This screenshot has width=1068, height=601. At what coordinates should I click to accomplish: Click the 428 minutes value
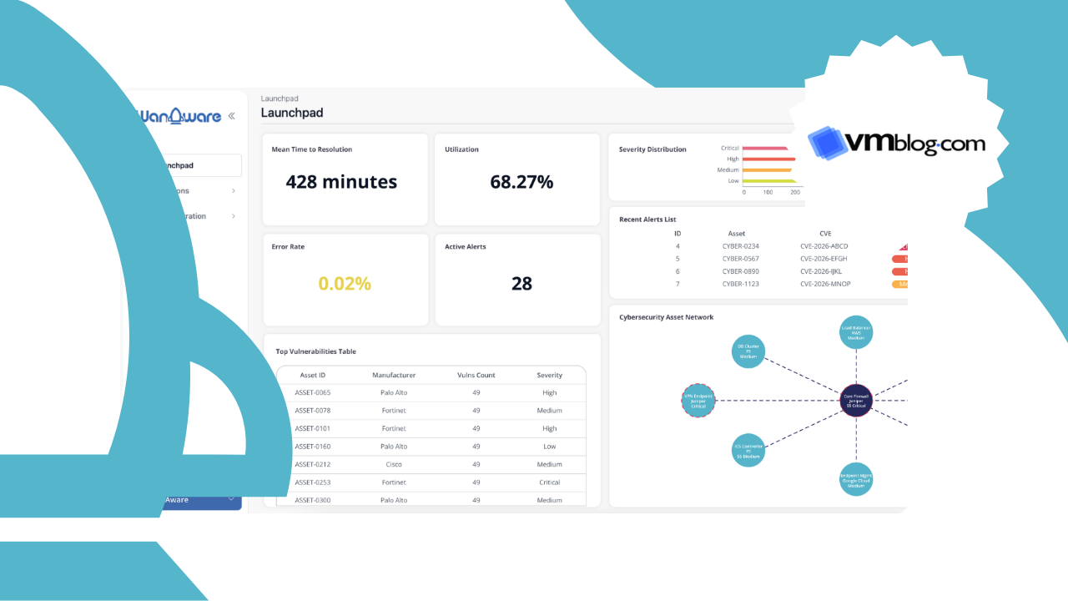pyautogui.click(x=341, y=182)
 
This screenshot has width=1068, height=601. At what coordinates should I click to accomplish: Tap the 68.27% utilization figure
pyautogui.click(x=521, y=182)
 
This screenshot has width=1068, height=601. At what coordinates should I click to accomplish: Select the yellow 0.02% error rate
pyautogui.click(x=345, y=284)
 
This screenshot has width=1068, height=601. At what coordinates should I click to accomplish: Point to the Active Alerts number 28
pyautogui.click(x=521, y=284)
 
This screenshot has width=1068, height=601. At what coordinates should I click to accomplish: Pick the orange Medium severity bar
pyautogui.click(x=766, y=169)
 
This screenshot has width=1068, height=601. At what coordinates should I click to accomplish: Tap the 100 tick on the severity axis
pyautogui.click(x=768, y=192)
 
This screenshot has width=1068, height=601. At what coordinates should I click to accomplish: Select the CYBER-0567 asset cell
pyautogui.click(x=740, y=259)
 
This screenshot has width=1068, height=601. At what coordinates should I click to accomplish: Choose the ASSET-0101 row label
pyautogui.click(x=313, y=428)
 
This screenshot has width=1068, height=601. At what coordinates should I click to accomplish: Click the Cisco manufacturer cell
pyautogui.click(x=394, y=464)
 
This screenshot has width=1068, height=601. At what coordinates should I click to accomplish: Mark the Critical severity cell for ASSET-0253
pyautogui.click(x=549, y=482)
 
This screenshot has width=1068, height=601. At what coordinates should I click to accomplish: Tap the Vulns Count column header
pyautogui.click(x=476, y=375)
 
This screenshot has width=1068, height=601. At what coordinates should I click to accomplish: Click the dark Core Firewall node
pyautogui.click(x=856, y=401)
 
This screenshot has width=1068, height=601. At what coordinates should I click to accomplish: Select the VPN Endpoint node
pyautogui.click(x=698, y=401)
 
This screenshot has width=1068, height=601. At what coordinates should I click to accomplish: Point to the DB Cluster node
pyautogui.click(x=748, y=351)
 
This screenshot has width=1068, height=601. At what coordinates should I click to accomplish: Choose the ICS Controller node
pyautogui.click(x=748, y=450)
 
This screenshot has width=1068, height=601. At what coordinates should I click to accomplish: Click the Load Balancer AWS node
pyautogui.click(x=856, y=332)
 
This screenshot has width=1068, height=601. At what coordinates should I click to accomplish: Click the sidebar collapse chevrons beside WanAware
pyautogui.click(x=231, y=116)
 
